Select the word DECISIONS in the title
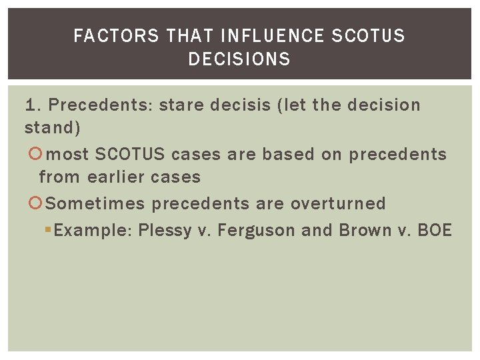coord(239,59)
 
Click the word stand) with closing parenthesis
coord(52,127)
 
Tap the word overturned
coord(338,203)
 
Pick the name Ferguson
coord(257,231)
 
